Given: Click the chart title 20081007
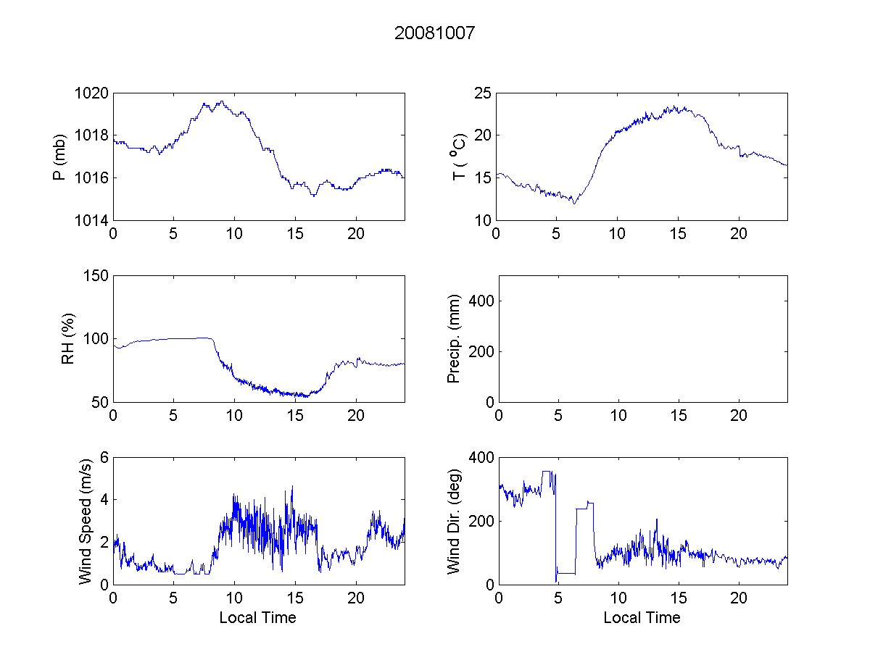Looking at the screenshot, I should tap(435, 33).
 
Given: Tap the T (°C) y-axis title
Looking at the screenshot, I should tap(458, 156).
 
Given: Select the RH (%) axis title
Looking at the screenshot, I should tap(68, 338).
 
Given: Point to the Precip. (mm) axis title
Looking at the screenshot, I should tap(455, 338).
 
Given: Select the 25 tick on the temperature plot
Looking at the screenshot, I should tap(484, 93).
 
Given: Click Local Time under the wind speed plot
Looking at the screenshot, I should tap(257, 618).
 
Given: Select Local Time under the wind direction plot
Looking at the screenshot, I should tap(642, 618).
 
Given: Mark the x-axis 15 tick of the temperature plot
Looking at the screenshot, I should tap(679, 234).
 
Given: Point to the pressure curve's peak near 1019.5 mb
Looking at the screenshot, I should tap(220, 101).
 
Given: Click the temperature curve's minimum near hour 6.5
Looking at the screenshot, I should tap(574, 204).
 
